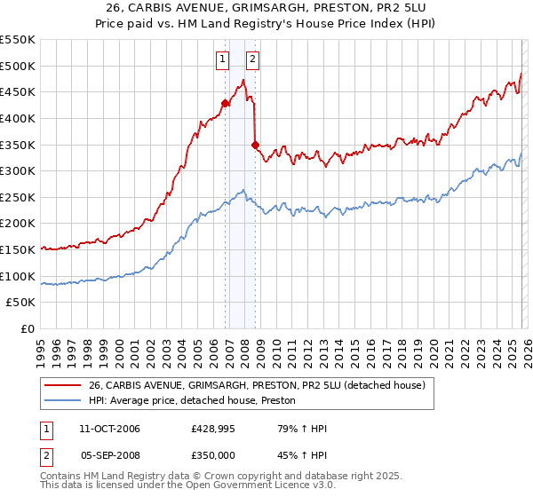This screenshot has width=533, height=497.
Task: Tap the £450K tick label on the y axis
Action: (18, 92)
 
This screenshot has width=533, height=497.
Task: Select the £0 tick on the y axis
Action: (28, 329)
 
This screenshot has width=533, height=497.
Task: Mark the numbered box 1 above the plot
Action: (221, 60)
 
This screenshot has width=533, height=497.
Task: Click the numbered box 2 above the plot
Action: (252, 60)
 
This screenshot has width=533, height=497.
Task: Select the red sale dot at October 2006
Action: (225, 103)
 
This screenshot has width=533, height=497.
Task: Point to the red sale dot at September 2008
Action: (255, 145)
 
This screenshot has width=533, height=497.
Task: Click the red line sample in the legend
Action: (62, 385)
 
